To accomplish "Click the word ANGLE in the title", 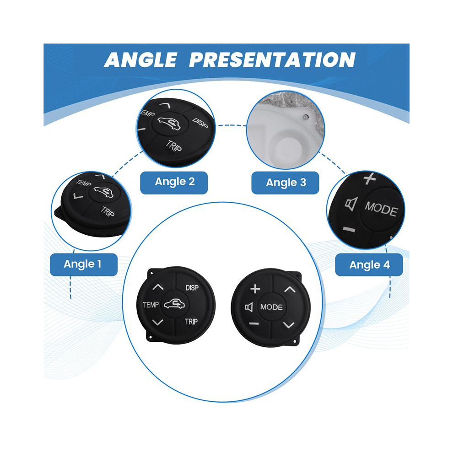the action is pyautogui.click(x=140, y=60).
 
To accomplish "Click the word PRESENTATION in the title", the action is pyautogui.click(x=272, y=60).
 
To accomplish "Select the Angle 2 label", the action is pyautogui.click(x=174, y=182).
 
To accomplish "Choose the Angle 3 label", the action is pyautogui.click(x=286, y=183).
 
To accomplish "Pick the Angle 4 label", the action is pyautogui.click(x=369, y=265).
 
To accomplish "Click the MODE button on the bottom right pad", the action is pyautogui.click(x=271, y=307).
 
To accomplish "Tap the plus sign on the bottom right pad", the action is pyautogui.click(x=255, y=289).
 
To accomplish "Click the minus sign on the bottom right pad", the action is pyautogui.click(x=253, y=324).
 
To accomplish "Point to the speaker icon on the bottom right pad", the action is pyautogui.click(x=249, y=307).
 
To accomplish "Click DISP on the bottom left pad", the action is pyautogui.click(x=192, y=288).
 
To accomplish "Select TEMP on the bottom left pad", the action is pyautogui.click(x=151, y=305).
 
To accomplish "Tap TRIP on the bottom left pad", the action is pyautogui.click(x=191, y=322).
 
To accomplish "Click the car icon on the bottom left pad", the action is pyautogui.click(x=174, y=304).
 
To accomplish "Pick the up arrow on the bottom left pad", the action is pyautogui.click(x=158, y=287).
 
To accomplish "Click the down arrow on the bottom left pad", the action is pyautogui.click(x=157, y=322).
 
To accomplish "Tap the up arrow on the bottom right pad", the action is pyautogui.click(x=290, y=290).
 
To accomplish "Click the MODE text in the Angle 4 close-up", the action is pyautogui.click(x=381, y=209).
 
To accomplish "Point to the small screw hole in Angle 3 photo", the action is pyautogui.click(x=305, y=117).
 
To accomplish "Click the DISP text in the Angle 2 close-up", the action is pyautogui.click(x=200, y=123).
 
